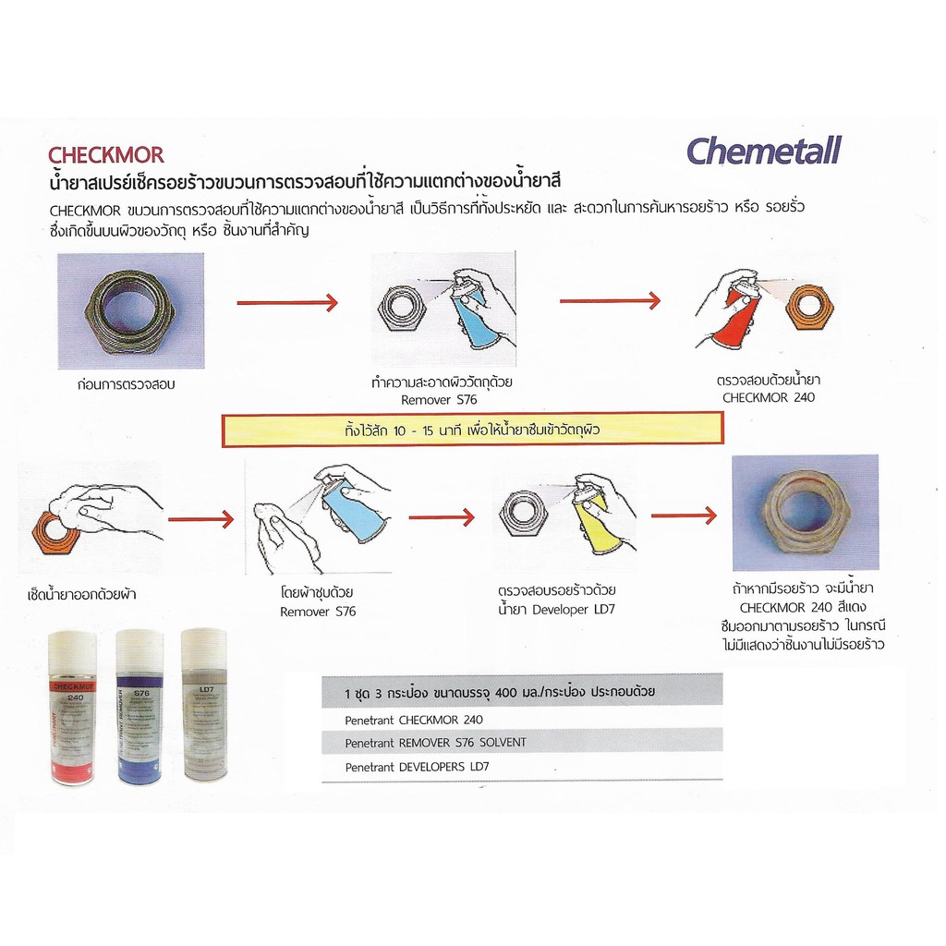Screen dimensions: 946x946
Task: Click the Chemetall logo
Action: click(x=764, y=151)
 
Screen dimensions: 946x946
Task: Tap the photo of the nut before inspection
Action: click(x=129, y=310)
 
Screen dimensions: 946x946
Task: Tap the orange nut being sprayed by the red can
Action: click(x=809, y=308)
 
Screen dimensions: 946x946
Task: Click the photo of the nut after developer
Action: click(x=805, y=512)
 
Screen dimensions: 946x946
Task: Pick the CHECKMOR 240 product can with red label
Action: click(x=73, y=708)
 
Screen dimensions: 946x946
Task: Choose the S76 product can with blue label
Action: click(x=139, y=708)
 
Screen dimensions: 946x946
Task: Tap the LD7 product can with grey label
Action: click(x=203, y=706)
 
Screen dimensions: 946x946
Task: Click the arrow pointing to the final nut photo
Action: click(x=683, y=515)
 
